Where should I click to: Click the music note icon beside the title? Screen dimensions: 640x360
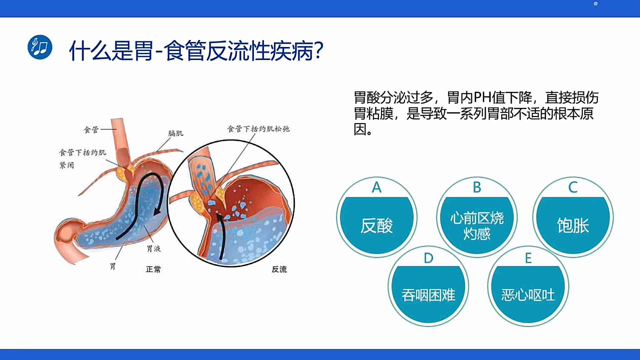[x=40, y=47]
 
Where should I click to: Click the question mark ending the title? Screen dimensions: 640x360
[x=318, y=51]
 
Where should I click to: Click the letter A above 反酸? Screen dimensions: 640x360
[x=377, y=187]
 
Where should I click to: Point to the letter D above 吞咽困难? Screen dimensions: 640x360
[x=429, y=258]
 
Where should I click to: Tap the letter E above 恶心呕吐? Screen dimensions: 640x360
[x=528, y=258]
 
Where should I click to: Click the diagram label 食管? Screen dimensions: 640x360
[x=91, y=130]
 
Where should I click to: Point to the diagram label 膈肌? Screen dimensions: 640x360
[x=176, y=133]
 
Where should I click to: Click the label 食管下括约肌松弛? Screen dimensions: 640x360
[x=258, y=129]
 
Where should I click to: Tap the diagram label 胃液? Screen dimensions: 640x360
[x=154, y=248]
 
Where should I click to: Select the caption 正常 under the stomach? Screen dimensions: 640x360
[x=153, y=269]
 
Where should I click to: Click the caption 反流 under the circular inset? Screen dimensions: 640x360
[x=279, y=269]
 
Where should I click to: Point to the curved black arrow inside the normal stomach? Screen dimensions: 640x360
[x=140, y=187]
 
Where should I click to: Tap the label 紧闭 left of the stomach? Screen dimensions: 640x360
[x=67, y=165]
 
